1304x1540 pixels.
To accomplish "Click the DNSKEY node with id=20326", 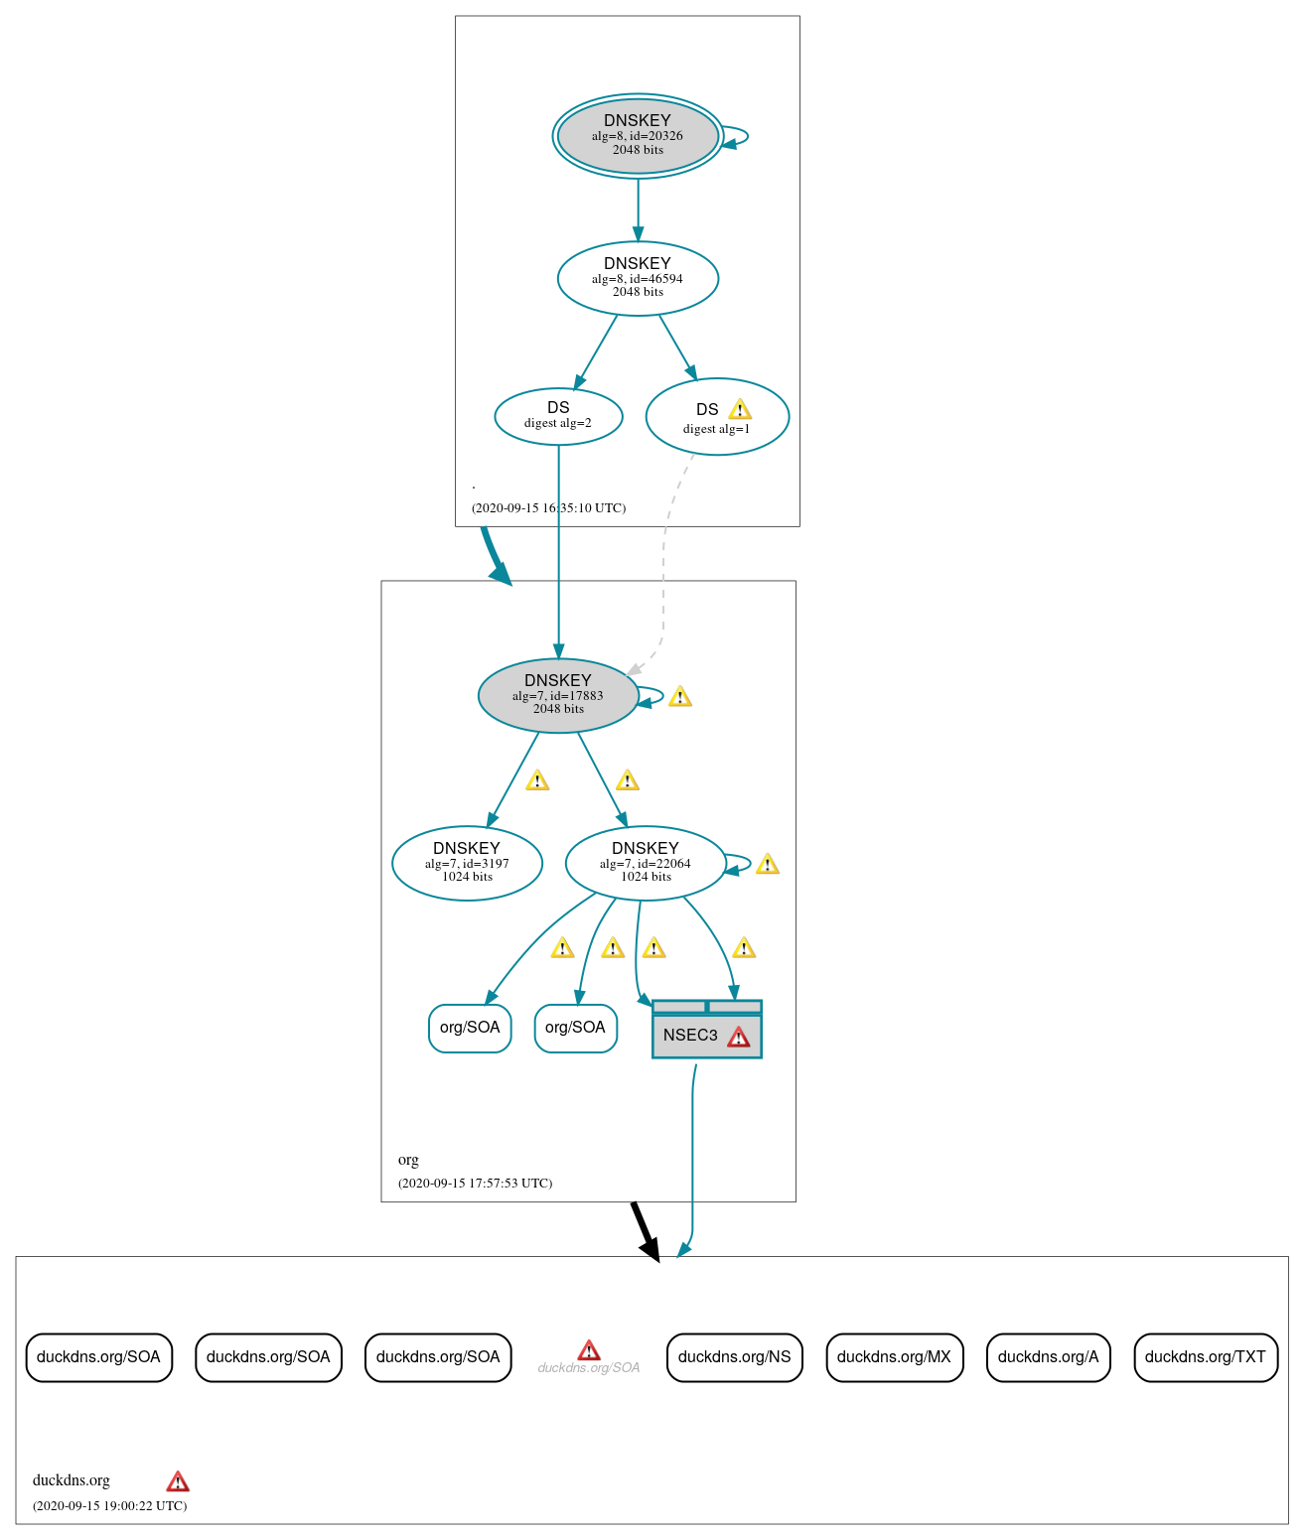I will click(x=638, y=136).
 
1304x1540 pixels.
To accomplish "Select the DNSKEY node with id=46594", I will click(x=638, y=278).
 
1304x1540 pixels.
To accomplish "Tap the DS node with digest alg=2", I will click(x=558, y=416).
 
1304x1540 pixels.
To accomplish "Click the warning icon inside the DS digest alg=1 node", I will click(x=739, y=409).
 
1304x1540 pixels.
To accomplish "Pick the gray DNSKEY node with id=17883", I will click(x=558, y=695).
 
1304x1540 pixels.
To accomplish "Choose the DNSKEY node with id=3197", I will click(x=467, y=863).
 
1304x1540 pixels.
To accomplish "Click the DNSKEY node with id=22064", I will click(x=646, y=863).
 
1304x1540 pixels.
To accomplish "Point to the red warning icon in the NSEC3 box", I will click(x=738, y=1038).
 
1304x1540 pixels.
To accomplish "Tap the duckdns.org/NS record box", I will click(x=734, y=1357).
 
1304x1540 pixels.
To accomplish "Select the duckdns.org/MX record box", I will click(x=894, y=1357).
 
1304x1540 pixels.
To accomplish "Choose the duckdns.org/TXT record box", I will click(x=1205, y=1357).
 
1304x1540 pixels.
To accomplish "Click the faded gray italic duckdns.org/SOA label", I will click(x=588, y=1368).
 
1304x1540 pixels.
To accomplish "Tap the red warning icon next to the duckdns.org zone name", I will click(x=178, y=1481).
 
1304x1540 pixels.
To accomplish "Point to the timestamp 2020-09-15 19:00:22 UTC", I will click(x=109, y=1505).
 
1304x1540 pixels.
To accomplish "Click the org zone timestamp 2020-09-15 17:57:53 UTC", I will click(x=475, y=1183).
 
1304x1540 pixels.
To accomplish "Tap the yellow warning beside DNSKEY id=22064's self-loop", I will click(x=767, y=865).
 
